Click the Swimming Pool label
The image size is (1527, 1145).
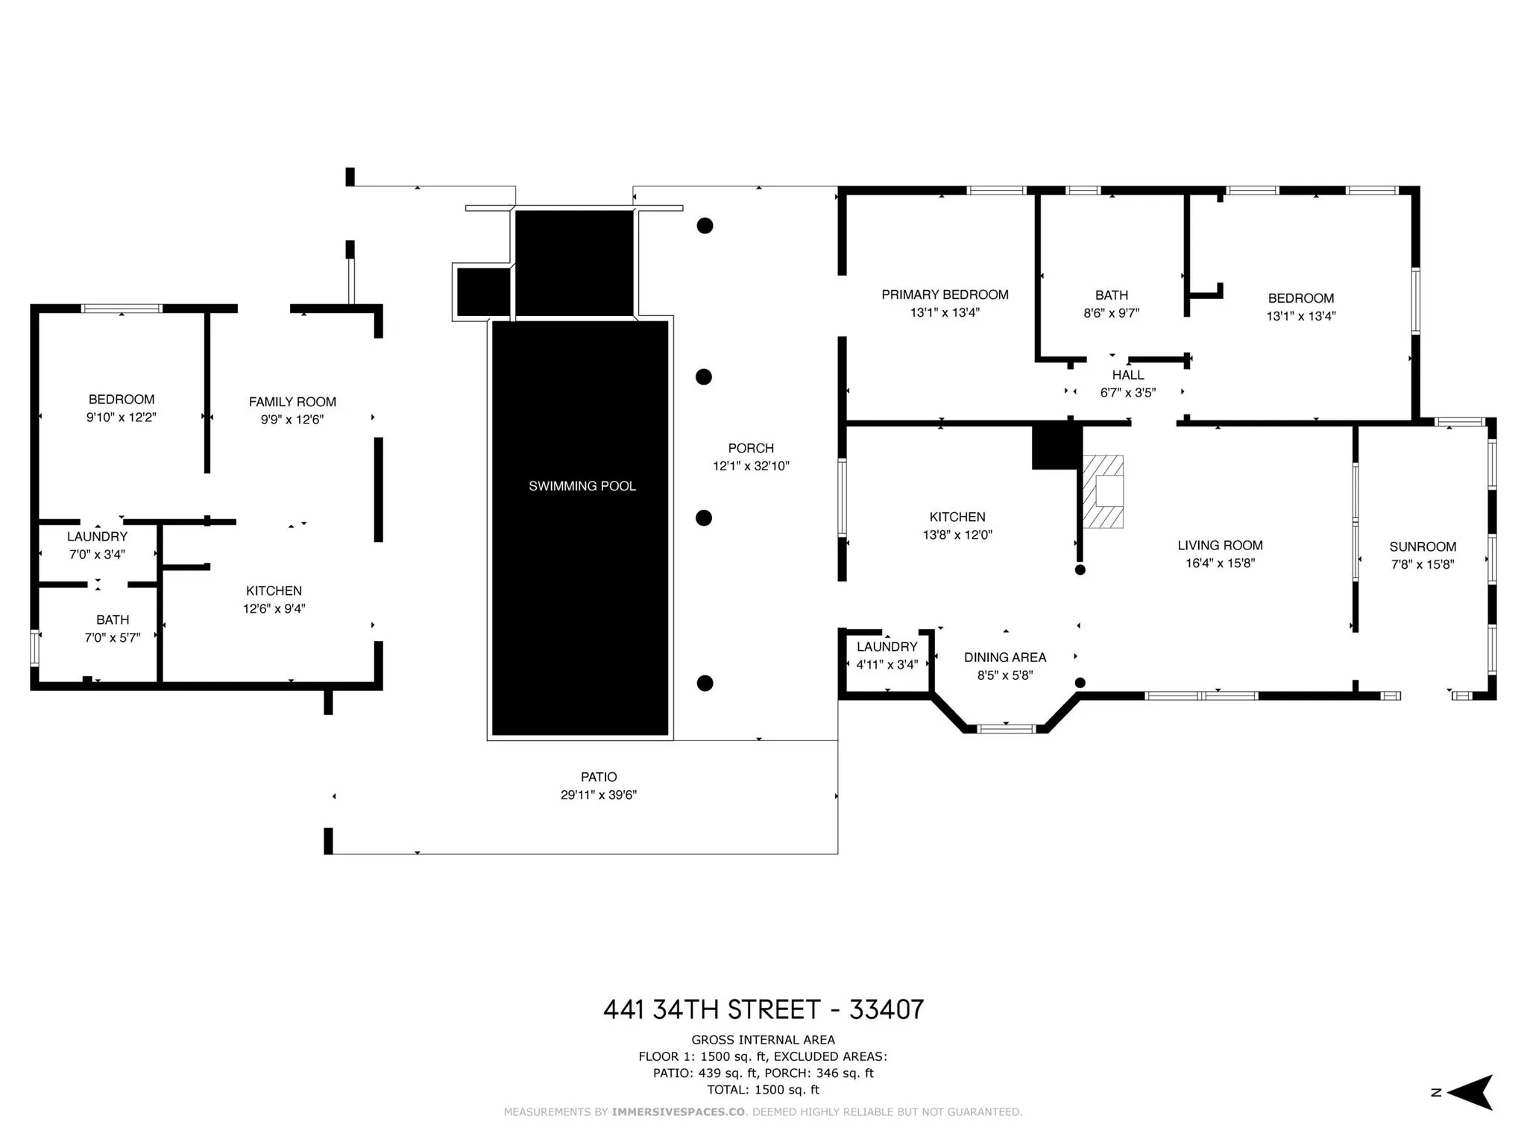click(x=582, y=486)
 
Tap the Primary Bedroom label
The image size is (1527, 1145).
click(x=945, y=294)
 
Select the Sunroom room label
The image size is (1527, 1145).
click(x=1423, y=546)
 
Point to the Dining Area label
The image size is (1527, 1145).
click(x=1005, y=657)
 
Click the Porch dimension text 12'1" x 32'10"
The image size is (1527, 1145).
click(x=751, y=466)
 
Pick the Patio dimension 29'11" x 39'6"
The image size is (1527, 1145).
click(x=599, y=795)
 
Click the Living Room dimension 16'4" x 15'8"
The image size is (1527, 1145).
click(x=1220, y=564)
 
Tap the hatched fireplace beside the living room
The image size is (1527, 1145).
click(x=1103, y=491)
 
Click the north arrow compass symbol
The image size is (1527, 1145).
click(x=1468, y=1093)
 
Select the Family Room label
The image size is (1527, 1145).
click(x=292, y=402)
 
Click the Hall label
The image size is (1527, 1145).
click(x=1128, y=375)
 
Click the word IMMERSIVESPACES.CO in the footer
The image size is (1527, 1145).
click(x=679, y=1112)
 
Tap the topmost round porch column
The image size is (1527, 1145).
click(x=705, y=225)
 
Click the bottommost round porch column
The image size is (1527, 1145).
click(x=705, y=683)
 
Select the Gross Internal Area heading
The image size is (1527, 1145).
click(x=763, y=1040)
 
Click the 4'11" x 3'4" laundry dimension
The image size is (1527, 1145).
click(x=887, y=665)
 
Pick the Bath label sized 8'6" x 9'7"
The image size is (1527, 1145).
click(x=1112, y=295)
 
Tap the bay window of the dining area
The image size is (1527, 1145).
click(x=1006, y=728)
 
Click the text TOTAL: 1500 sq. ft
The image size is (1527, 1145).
click(x=763, y=1090)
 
